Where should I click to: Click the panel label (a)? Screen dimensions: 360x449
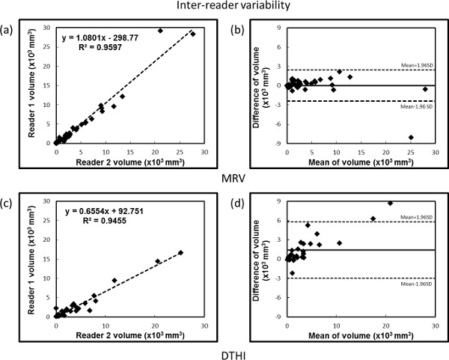pyautogui.click(x=10, y=31)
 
